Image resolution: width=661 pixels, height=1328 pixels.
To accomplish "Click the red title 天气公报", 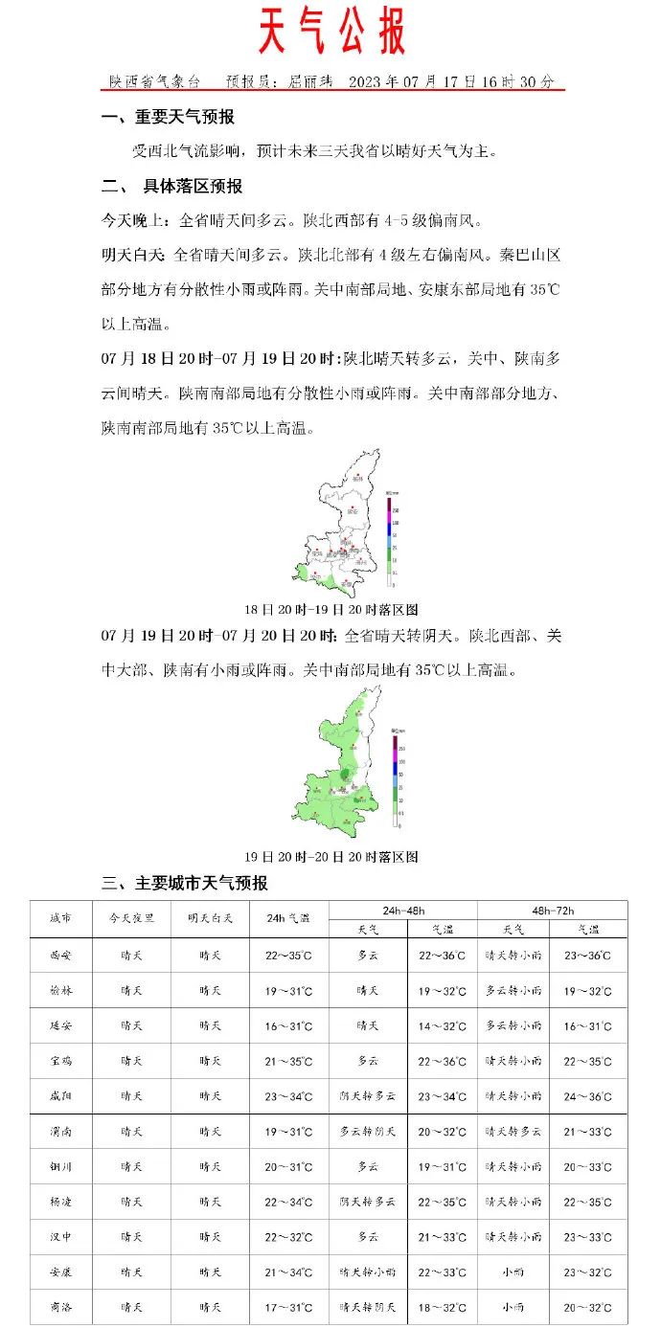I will (331, 34).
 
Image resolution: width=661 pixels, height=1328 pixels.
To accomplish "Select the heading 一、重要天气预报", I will (169, 118).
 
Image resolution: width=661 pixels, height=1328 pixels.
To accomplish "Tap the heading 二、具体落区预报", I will (172, 186).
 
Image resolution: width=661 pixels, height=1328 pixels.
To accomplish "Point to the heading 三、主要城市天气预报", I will (185, 883).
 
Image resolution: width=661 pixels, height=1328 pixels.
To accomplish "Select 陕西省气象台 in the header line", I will (154, 82).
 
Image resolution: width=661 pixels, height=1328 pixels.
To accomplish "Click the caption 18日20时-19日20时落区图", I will (331, 610).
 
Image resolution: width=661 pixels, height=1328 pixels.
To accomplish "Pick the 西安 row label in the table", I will (60, 955).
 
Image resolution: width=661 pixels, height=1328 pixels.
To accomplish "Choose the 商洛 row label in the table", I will (60, 1307).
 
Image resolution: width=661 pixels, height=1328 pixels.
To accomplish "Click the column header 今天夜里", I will (132, 919).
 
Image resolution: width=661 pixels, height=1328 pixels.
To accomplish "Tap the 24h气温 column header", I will (288, 919).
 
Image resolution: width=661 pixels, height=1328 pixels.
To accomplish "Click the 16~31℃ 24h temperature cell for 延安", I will (288, 1025).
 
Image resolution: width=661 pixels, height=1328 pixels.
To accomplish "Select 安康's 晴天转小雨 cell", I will (368, 1272).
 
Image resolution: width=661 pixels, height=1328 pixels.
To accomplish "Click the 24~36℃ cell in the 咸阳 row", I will (589, 1096).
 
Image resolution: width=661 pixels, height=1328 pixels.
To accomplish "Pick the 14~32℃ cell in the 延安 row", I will (443, 1025).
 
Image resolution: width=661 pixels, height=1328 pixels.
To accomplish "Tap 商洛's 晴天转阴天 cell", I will (368, 1307).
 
